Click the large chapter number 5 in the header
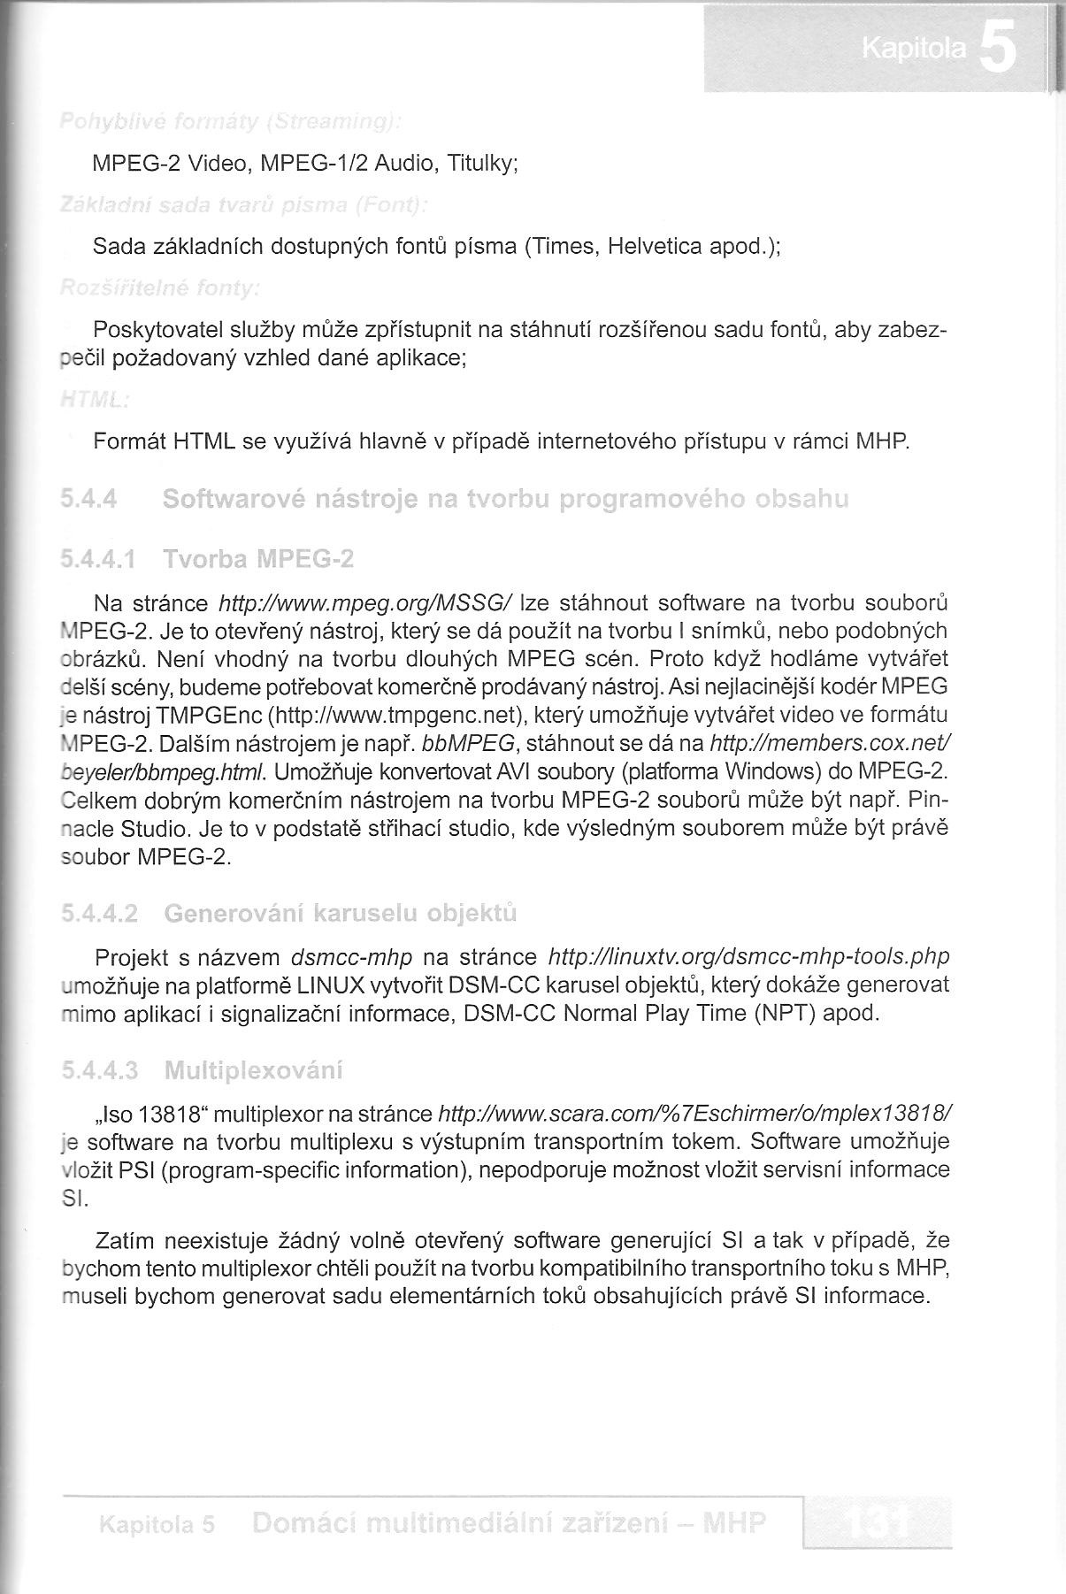point(997,50)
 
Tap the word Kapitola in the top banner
point(914,51)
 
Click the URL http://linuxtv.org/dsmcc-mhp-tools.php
point(748,957)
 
